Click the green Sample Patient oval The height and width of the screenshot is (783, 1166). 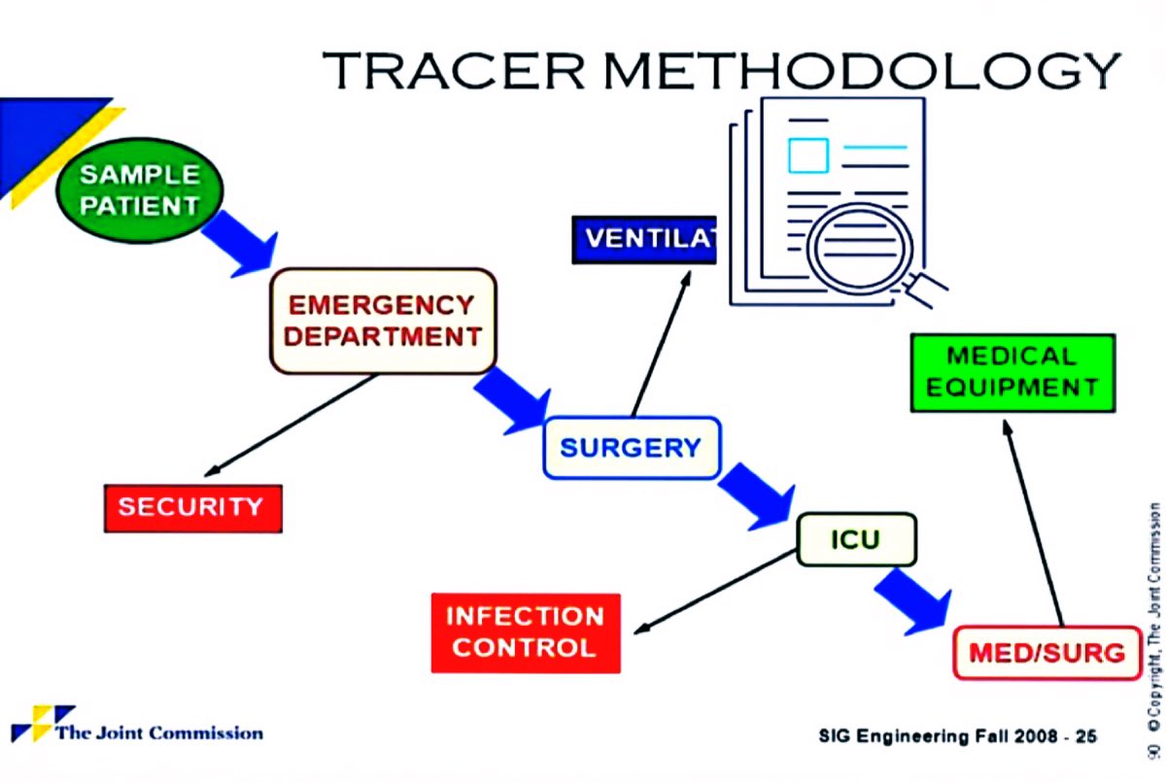(x=139, y=190)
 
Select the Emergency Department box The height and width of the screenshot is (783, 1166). (x=384, y=322)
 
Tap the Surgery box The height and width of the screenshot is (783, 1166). (x=631, y=448)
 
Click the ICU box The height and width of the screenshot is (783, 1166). (x=855, y=539)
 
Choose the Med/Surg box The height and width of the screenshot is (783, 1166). (x=1046, y=653)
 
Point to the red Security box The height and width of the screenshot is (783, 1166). (x=192, y=507)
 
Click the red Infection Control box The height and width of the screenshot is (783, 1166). (x=525, y=632)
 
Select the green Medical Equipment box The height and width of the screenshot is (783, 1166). (x=1012, y=372)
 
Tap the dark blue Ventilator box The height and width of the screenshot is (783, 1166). (x=643, y=240)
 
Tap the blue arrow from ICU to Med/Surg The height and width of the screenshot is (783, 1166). (x=911, y=601)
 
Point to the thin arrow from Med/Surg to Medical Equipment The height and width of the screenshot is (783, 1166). (x=1034, y=525)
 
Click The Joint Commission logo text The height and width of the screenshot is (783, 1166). (x=157, y=732)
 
